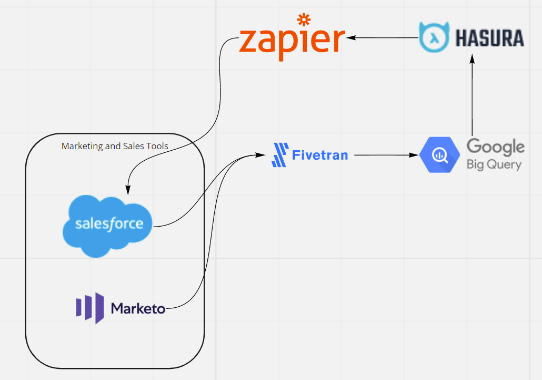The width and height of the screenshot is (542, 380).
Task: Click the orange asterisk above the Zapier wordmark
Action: pos(304,21)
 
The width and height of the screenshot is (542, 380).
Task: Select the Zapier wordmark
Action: pos(292,41)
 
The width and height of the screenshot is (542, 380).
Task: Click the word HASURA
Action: pos(489,38)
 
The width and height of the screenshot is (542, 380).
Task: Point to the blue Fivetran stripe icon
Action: pos(279,155)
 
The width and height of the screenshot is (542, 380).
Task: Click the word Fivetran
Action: pos(319,155)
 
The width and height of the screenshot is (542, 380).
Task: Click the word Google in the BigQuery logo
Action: pos(495,147)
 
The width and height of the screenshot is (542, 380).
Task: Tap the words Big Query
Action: pos(494,164)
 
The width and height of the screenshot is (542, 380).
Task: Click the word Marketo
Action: pos(138,308)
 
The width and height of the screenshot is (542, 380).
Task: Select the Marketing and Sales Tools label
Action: pos(115,146)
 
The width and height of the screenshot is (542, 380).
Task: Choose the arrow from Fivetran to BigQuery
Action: pos(387,155)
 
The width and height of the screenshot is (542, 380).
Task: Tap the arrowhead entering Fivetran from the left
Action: pos(259,155)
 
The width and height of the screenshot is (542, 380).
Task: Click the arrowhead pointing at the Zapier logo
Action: pos(350,37)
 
